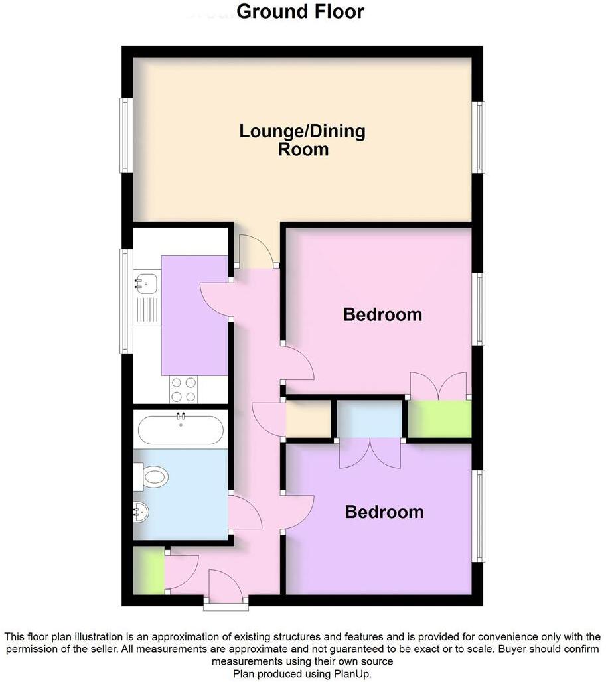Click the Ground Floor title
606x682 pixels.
[300, 12]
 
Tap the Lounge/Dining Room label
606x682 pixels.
[302, 140]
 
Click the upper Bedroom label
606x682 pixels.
[382, 314]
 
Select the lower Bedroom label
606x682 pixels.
[384, 512]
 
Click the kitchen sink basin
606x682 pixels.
[145, 284]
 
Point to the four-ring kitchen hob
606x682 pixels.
[183, 389]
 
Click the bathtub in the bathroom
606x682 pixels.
[180, 430]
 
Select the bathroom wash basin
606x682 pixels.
[141, 511]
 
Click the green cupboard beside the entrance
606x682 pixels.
[148, 571]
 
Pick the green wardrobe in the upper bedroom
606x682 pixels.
[439, 419]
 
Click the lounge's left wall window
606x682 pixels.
[123, 135]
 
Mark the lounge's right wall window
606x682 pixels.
[481, 137]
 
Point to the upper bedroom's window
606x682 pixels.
[480, 309]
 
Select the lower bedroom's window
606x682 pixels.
[480, 515]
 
